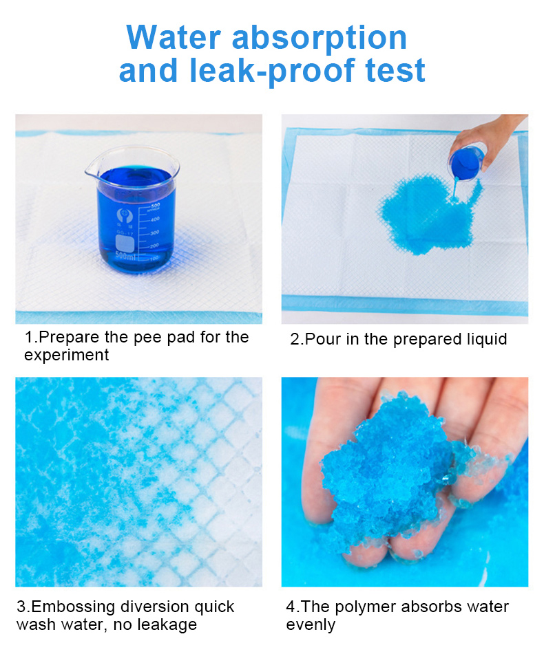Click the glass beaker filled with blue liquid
[x=134, y=213]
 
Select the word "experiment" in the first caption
[x=66, y=356]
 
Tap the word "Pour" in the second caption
[x=319, y=339]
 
